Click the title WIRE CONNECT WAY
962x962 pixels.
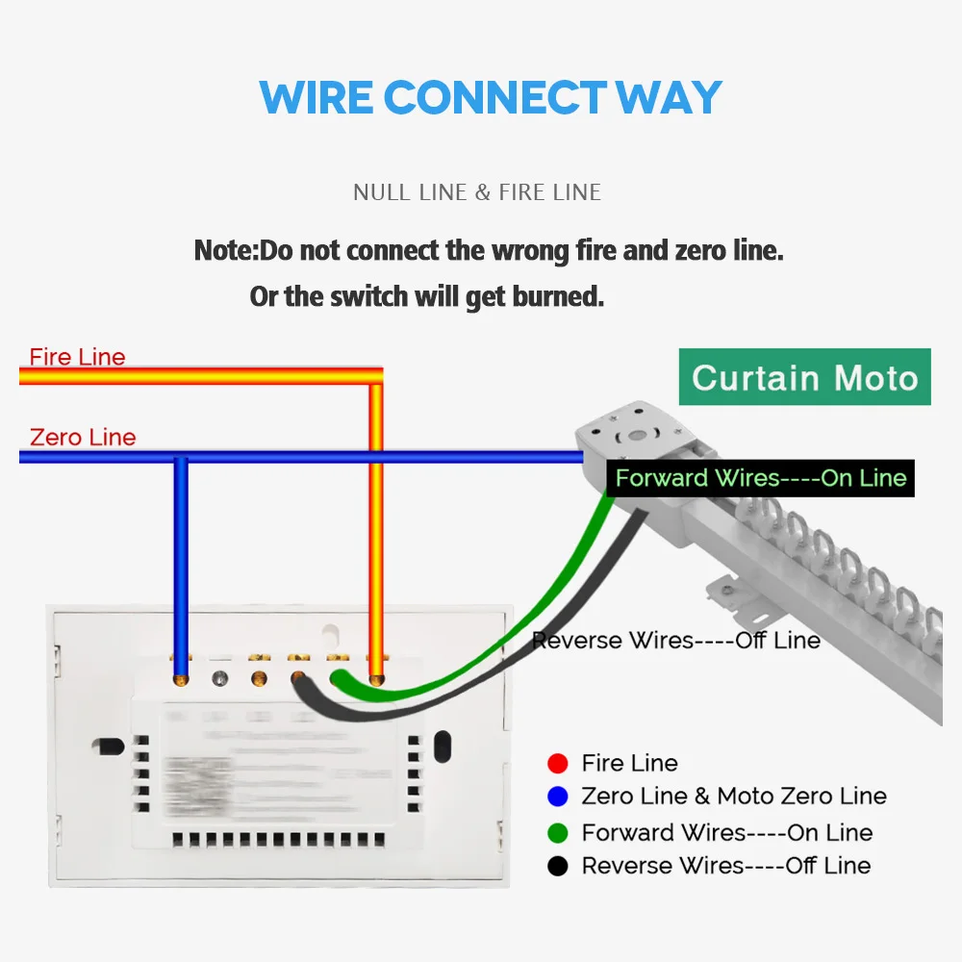491,98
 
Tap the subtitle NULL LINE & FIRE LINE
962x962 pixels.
477,192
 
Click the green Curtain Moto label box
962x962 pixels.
804,376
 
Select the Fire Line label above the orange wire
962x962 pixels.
77,357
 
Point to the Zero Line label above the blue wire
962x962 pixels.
83,438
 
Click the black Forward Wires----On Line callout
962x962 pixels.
760,478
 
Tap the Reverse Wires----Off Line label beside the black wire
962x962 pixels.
676,641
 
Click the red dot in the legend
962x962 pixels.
557,764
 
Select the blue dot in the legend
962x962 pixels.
557,797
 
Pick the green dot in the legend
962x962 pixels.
557,833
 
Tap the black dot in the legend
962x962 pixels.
557,866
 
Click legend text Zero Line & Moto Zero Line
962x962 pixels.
734,797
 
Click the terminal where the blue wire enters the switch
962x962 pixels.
180,679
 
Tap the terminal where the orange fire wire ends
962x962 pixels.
376,679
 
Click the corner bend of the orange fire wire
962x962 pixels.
376,375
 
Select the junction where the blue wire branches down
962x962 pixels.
180,458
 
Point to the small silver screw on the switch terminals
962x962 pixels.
219,679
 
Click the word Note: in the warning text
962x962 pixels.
227,251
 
